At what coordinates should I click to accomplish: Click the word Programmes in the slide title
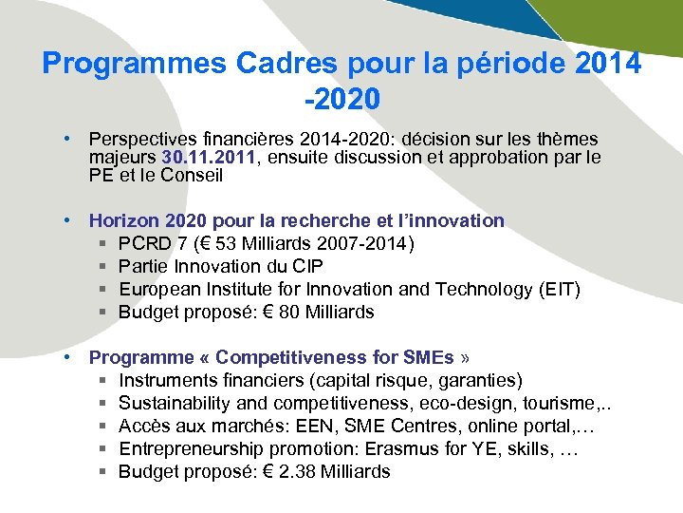135,64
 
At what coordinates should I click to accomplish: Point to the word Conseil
192,175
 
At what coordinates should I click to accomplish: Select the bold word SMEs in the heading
428,357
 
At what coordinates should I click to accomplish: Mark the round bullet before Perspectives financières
69,140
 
